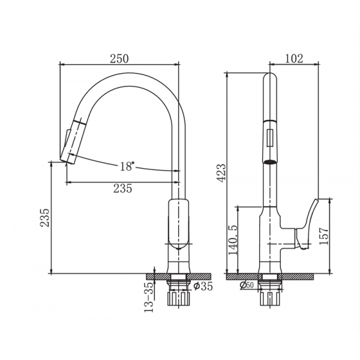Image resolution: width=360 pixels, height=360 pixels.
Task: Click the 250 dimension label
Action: click(119, 59)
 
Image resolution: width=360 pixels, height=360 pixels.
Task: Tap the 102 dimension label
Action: click(294, 58)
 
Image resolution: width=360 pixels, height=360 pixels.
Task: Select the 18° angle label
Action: click(127, 166)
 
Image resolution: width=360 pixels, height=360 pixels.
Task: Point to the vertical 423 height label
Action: click(222, 173)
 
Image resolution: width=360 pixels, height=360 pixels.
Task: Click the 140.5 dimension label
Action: click(233, 240)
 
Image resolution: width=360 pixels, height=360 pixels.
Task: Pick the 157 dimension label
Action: click(324, 236)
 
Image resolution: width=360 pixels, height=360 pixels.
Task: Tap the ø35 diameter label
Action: click(203, 286)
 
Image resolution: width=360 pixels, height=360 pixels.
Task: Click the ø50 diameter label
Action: click(247, 285)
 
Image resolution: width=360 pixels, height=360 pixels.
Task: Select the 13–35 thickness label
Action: click(149, 297)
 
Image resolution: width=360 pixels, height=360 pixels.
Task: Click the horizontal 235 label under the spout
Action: click(123, 188)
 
